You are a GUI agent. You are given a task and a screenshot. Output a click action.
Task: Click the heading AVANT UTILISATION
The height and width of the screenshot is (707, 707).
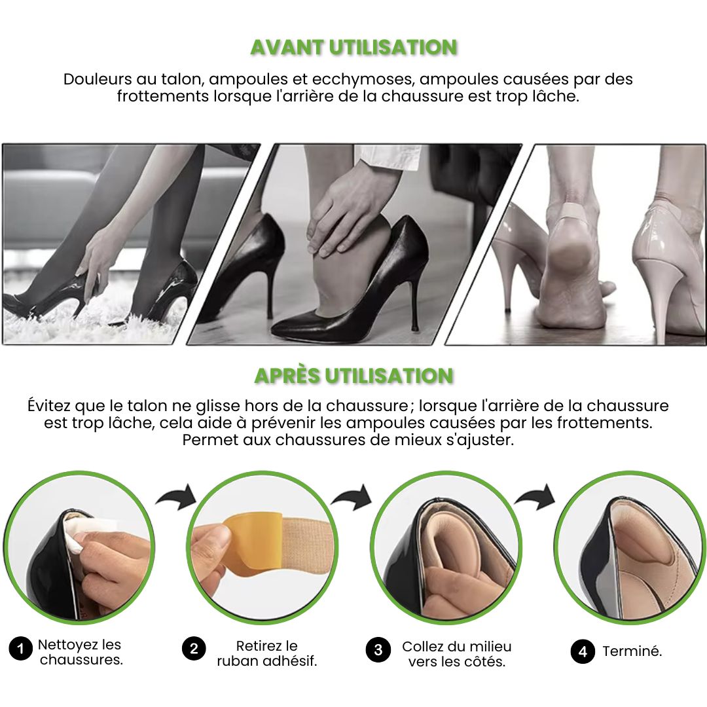pyautogui.click(x=354, y=47)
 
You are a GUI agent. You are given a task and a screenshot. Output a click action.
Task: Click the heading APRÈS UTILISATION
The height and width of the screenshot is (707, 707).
pyautogui.click(x=354, y=376)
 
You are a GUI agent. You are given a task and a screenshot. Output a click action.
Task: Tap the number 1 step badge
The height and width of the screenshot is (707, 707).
pyautogui.click(x=21, y=649)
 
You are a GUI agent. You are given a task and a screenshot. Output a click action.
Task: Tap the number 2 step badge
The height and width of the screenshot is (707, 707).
pyautogui.click(x=194, y=649)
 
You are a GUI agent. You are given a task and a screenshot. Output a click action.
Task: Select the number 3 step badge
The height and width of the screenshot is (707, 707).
pyautogui.click(x=378, y=650)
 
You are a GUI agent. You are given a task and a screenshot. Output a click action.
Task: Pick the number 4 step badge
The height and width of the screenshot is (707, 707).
pyautogui.click(x=583, y=651)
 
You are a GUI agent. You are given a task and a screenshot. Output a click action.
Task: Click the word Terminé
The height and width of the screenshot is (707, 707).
pyautogui.click(x=632, y=651)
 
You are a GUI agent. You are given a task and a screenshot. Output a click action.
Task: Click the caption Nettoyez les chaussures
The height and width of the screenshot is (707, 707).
pyautogui.click(x=81, y=652)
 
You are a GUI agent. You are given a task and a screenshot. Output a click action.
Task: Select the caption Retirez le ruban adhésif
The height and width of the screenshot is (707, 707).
pyautogui.click(x=267, y=653)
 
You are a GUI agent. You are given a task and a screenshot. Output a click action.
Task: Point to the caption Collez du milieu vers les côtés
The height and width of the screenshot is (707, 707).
pyautogui.click(x=457, y=654)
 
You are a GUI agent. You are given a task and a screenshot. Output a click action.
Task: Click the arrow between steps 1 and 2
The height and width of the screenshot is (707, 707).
pyautogui.click(x=177, y=498)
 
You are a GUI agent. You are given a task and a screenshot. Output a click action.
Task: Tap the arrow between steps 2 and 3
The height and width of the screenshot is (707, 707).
pyautogui.click(x=352, y=498)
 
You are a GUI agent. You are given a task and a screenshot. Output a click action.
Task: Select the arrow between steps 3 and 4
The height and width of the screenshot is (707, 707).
pyautogui.click(x=535, y=498)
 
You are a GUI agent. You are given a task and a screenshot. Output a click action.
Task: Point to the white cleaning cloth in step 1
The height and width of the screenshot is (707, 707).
pyautogui.click(x=88, y=532)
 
